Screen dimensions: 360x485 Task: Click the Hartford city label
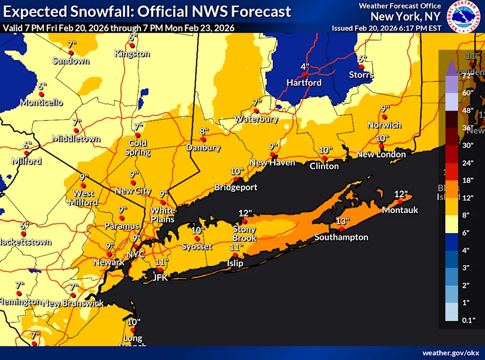coord(304,83)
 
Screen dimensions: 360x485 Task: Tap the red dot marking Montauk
coord(400,202)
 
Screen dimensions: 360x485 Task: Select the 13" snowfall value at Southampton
coord(343,221)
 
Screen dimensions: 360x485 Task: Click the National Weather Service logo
coord(464,16)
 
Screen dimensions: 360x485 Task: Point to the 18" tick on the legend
coord(467,180)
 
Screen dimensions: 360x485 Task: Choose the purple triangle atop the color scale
coord(451,65)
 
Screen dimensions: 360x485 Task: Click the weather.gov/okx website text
coord(451,352)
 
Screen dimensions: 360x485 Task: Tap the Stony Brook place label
coord(244,234)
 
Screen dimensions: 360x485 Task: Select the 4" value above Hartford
coord(305,67)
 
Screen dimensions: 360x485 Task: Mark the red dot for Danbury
coord(203,139)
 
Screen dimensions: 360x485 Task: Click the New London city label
coord(381,155)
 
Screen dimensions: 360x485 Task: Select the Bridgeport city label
coord(236,187)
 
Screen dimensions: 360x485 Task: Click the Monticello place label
coord(41,102)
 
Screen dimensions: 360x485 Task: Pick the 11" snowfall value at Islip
coord(234,247)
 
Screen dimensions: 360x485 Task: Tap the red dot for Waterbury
coord(256,111)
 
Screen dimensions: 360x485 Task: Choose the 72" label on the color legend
coord(467,75)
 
